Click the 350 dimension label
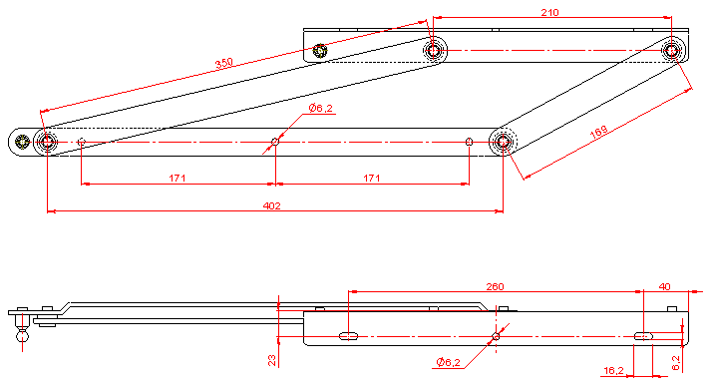pos(224,63)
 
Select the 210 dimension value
pos(549,12)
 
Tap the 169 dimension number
pos(598,132)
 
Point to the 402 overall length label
pos(271,205)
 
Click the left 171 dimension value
pos(178,179)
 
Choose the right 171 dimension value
pos(371,179)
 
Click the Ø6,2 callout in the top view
pos(320,108)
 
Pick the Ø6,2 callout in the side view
pos(448,362)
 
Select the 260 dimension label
pos(495,286)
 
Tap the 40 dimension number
pos(664,286)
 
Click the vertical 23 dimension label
pos(271,360)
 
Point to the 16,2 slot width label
pos(613,370)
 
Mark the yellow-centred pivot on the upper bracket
pos(320,51)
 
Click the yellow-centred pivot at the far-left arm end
pos(22,142)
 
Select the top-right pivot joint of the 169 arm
pos(671,50)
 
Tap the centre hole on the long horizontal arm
pos(275,142)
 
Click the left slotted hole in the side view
pos(348,336)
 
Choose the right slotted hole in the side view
pos(643,336)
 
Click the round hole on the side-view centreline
pos(496,336)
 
